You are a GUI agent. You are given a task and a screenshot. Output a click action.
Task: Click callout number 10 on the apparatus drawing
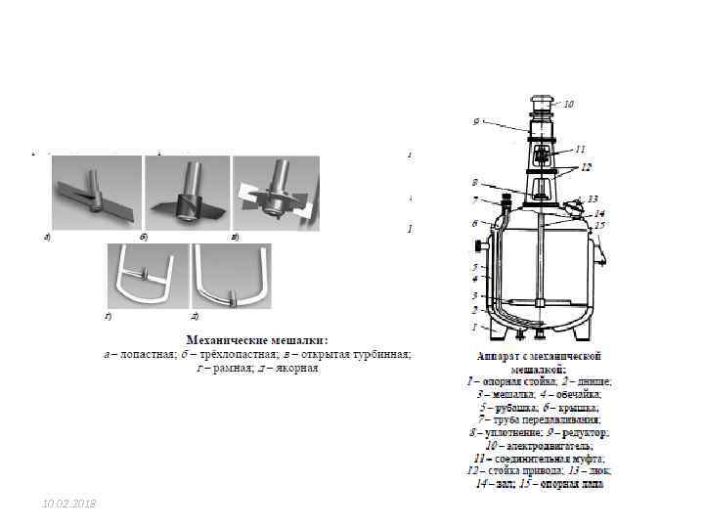(x=569, y=104)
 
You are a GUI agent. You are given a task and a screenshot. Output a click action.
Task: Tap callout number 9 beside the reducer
(x=475, y=122)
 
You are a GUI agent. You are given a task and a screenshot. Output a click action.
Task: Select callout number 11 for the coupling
(x=580, y=149)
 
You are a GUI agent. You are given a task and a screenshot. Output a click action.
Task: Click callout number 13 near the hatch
(x=593, y=198)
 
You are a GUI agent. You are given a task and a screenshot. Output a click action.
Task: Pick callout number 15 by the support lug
(x=599, y=225)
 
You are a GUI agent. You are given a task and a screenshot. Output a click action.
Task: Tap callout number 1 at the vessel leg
(x=475, y=327)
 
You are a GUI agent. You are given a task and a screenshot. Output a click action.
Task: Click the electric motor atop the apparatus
(x=540, y=103)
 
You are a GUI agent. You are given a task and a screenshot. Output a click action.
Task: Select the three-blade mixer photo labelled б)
(x=186, y=194)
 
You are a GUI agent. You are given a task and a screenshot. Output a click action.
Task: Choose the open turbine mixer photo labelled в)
(x=275, y=194)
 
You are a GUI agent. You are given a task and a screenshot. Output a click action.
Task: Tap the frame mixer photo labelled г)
(x=146, y=276)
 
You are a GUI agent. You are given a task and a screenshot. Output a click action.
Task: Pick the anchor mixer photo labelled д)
(x=231, y=276)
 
